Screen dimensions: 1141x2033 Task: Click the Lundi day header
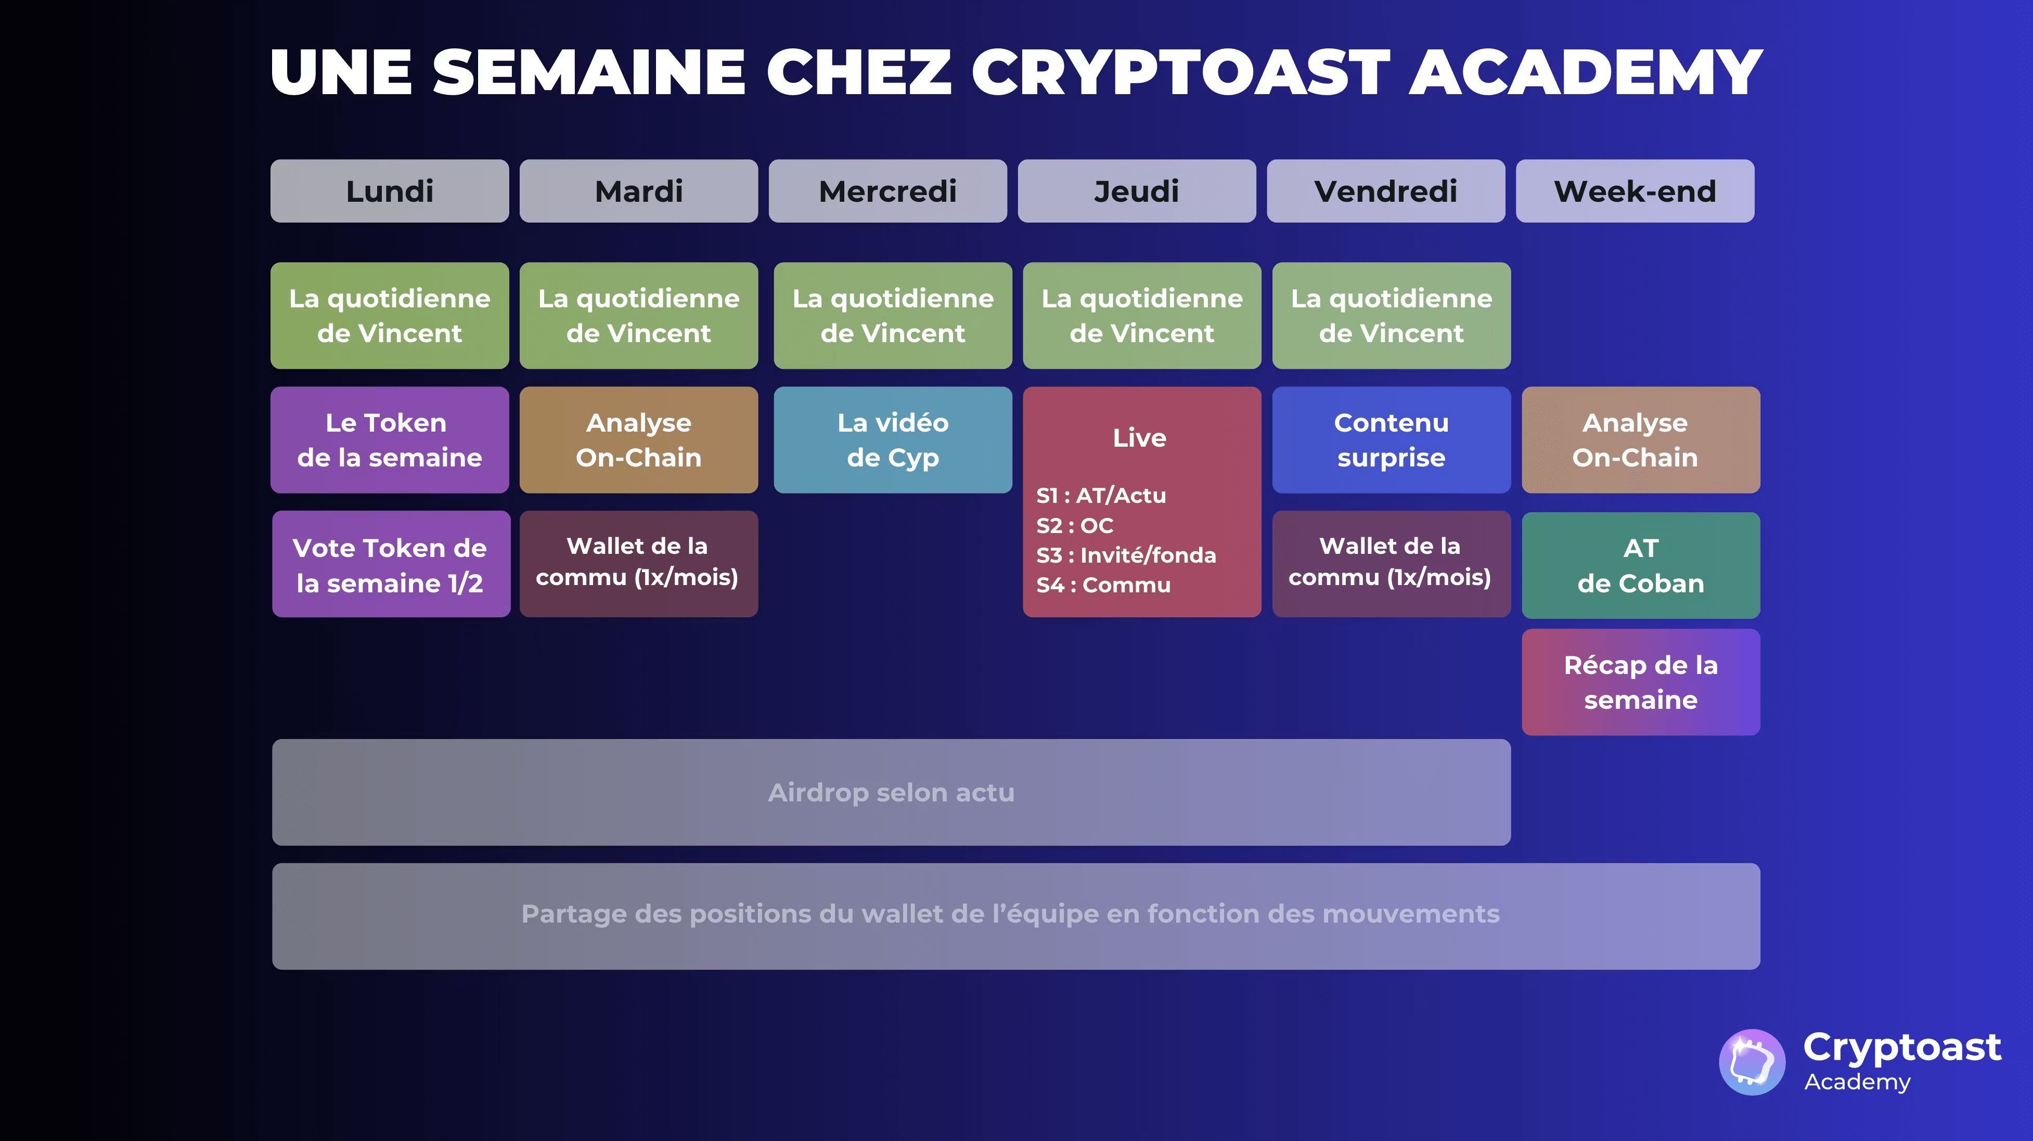(x=389, y=191)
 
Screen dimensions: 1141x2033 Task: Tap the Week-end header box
(x=1635, y=191)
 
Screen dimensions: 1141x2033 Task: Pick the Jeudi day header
(x=1137, y=191)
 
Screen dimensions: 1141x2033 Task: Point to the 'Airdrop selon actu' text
(x=891, y=792)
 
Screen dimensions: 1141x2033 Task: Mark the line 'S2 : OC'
(x=1074, y=526)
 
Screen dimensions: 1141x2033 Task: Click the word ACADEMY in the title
(x=1586, y=73)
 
